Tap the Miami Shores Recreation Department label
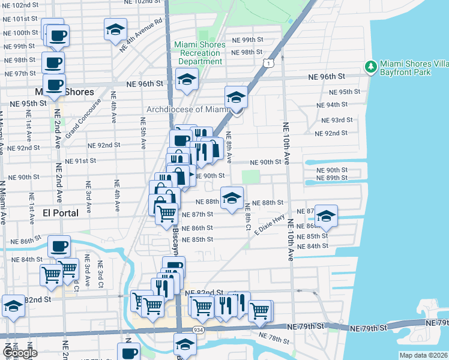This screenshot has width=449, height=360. click(200, 53)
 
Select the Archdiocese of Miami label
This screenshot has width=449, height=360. click(188, 109)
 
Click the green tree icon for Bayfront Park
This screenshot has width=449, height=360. click(372, 65)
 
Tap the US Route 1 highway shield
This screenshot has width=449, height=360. click(272, 62)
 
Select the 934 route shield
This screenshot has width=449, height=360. click(197, 330)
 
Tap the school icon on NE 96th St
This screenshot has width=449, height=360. click(187, 79)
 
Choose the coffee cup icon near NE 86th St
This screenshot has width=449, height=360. click(59, 245)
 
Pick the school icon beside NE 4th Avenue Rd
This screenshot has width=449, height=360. click(115, 28)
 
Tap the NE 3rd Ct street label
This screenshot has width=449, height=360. click(101, 273)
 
